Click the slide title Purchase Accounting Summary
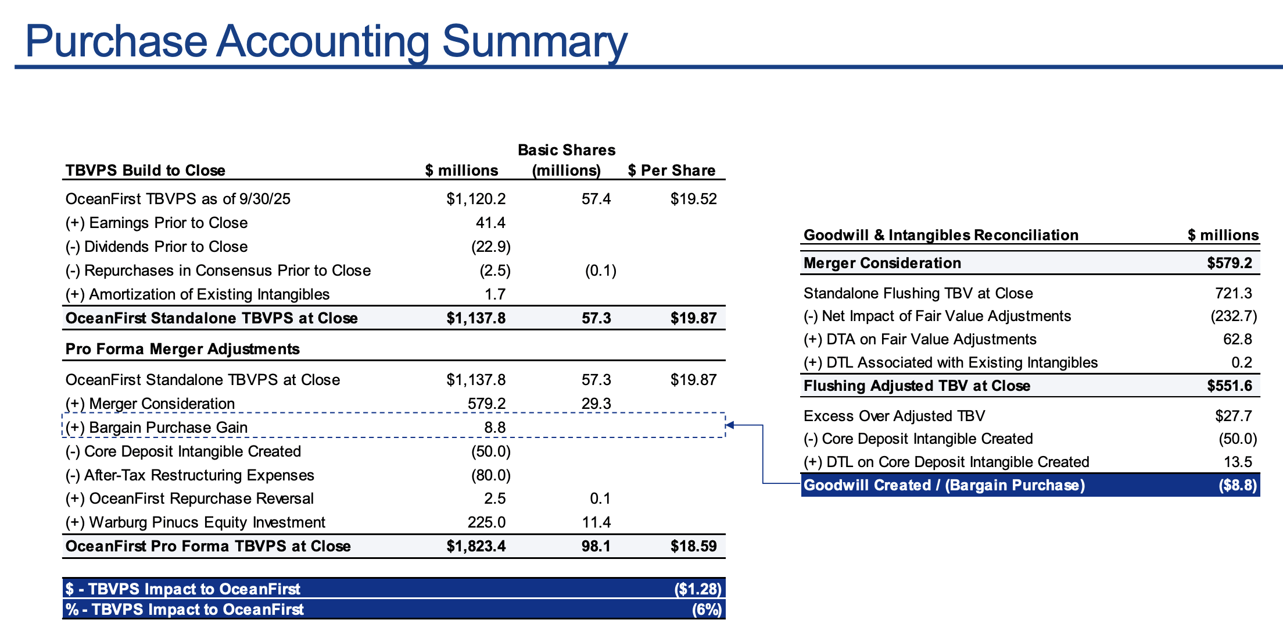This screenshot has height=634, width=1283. pos(326,42)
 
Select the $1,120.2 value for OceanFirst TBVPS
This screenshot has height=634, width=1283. pos(476,199)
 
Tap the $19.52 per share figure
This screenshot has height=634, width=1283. pos(693,199)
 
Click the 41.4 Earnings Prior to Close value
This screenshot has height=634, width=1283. pos(490,223)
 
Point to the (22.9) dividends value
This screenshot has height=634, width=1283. pos(491,247)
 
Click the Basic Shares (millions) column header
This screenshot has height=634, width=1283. pos(567,160)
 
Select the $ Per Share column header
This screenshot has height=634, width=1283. pos(672,170)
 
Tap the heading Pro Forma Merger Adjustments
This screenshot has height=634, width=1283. pos(182,349)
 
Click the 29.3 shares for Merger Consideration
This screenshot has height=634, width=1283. pos(596,404)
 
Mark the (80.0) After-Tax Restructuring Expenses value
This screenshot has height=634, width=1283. pos(491,475)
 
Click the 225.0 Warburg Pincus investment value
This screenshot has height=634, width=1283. pos(486,522)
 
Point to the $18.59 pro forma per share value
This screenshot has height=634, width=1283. pos(693,546)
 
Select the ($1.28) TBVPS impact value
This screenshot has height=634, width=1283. pos(698,589)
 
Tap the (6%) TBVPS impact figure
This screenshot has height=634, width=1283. pos(707,610)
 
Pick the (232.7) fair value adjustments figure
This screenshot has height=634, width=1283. pos(1234,316)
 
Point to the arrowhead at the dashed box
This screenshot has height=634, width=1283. pos(729,425)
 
